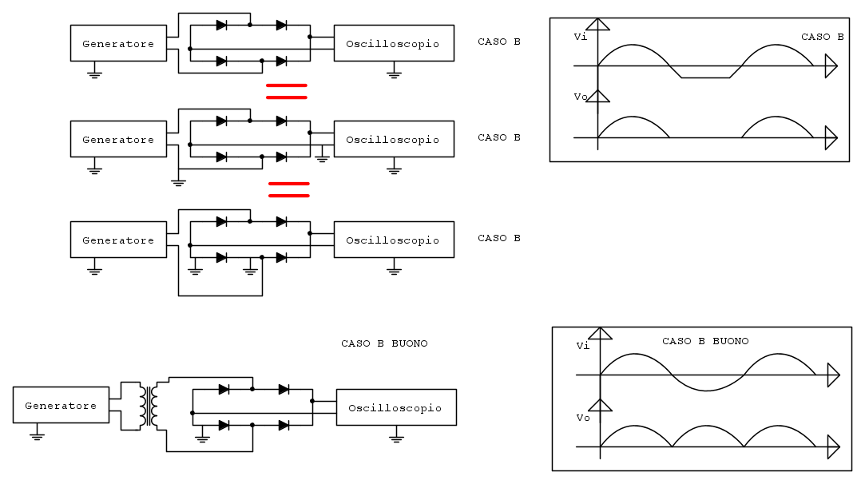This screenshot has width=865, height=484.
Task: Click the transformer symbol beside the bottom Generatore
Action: pyautogui.click(x=148, y=407)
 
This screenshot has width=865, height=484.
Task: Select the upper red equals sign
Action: pyautogui.click(x=286, y=91)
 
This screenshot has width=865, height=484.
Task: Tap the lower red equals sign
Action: pyautogui.click(x=288, y=189)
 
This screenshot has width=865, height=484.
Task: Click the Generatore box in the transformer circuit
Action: pyautogui.click(x=61, y=405)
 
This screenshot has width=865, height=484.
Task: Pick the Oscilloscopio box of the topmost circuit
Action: pyautogui.click(x=394, y=43)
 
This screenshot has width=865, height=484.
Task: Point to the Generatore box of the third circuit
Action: pyautogui.click(x=118, y=240)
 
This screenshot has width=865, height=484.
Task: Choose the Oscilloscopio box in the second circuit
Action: pyautogui.click(x=394, y=139)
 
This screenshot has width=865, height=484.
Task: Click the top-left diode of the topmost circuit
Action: pyautogui.click(x=222, y=25)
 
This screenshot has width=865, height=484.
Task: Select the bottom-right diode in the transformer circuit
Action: pyautogui.click(x=284, y=425)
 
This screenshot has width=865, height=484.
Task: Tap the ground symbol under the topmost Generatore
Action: pyautogui.click(x=94, y=72)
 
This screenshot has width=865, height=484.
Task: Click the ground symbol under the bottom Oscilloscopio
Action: pyautogui.click(x=396, y=436)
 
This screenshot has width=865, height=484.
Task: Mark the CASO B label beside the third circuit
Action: pyautogui.click(x=498, y=238)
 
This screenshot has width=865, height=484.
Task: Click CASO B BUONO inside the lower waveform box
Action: pyautogui.click(x=705, y=341)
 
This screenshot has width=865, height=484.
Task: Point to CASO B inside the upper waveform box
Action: pyautogui.click(x=822, y=37)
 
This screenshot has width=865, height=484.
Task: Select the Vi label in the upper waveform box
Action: pyautogui.click(x=581, y=37)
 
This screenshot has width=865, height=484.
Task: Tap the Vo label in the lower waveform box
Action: pyautogui.click(x=582, y=418)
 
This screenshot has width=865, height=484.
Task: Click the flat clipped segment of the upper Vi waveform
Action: pyautogui.click(x=705, y=77)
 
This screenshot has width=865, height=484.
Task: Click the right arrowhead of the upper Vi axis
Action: pyautogui.click(x=831, y=66)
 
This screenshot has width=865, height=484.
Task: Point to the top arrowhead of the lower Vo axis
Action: pyautogui.click(x=600, y=405)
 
